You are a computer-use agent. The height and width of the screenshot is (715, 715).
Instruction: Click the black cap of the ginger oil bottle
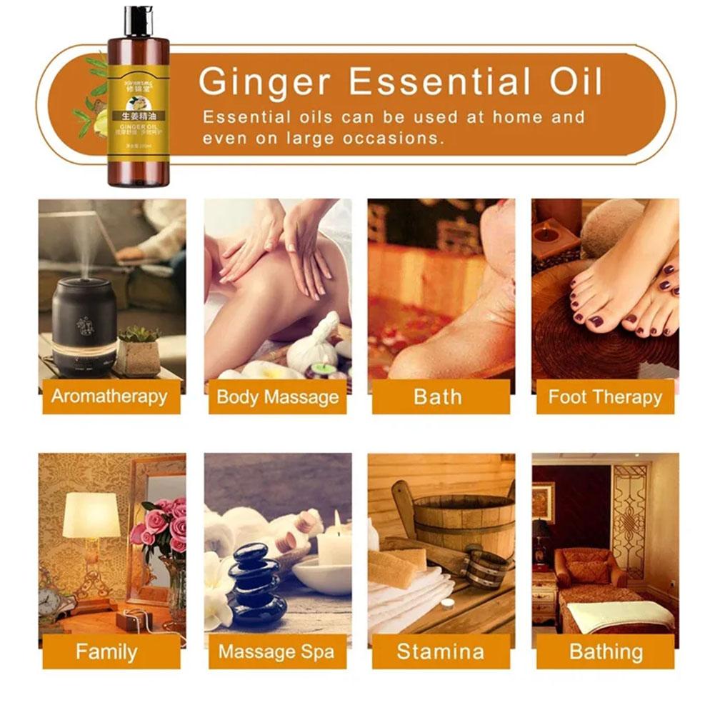pos(138,20)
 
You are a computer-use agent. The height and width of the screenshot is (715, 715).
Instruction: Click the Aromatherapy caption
pos(111,397)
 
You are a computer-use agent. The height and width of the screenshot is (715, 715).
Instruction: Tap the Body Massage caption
pos(277,397)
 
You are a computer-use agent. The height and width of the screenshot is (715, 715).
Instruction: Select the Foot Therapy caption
pos(605,397)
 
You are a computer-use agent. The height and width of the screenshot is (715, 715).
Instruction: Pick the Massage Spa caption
pos(277,651)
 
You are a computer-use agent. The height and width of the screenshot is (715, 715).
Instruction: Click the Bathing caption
pos(605,651)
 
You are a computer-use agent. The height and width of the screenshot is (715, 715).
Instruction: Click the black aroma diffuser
pos(84,329)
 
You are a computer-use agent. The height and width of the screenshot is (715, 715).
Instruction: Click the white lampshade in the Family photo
pos(91,515)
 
